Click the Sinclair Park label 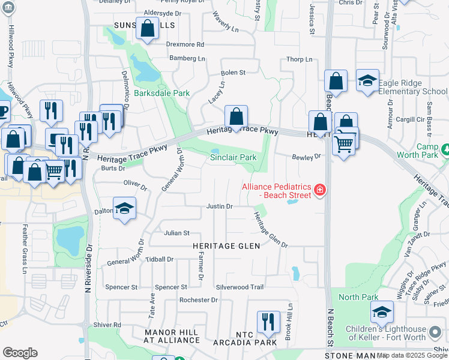tap(234, 157)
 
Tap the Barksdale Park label tap(161, 93)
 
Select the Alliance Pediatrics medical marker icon tap(320, 191)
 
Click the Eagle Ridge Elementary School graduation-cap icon tap(367, 81)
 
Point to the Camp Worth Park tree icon tap(445, 148)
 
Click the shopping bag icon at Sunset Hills tap(147, 28)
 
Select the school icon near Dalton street tap(125, 208)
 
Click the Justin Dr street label tap(219, 206)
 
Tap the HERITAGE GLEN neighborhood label tap(226, 246)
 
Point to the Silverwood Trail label tap(240, 287)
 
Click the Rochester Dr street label tap(198, 299)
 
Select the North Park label tap(358, 297)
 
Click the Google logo tap(20, 352)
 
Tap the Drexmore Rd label tap(185, 44)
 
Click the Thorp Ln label tap(300, 59)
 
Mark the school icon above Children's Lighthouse tap(381, 312)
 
